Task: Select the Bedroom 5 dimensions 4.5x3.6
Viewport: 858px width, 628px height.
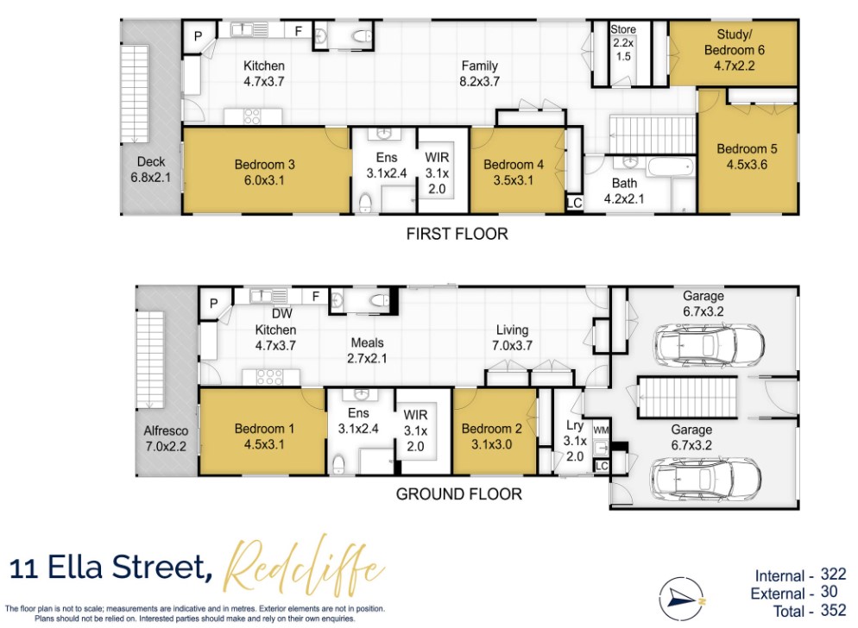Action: tap(748, 165)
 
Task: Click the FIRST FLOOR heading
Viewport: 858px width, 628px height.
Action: tap(458, 234)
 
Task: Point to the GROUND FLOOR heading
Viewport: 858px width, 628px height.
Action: tap(458, 494)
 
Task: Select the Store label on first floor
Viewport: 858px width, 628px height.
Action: tap(622, 29)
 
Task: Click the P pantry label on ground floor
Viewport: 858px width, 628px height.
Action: tap(212, 303)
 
